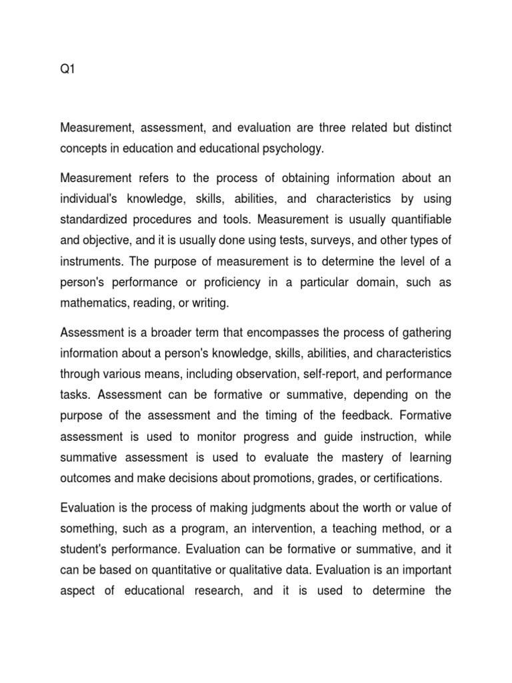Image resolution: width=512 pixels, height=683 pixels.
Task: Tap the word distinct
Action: point(429,127)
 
